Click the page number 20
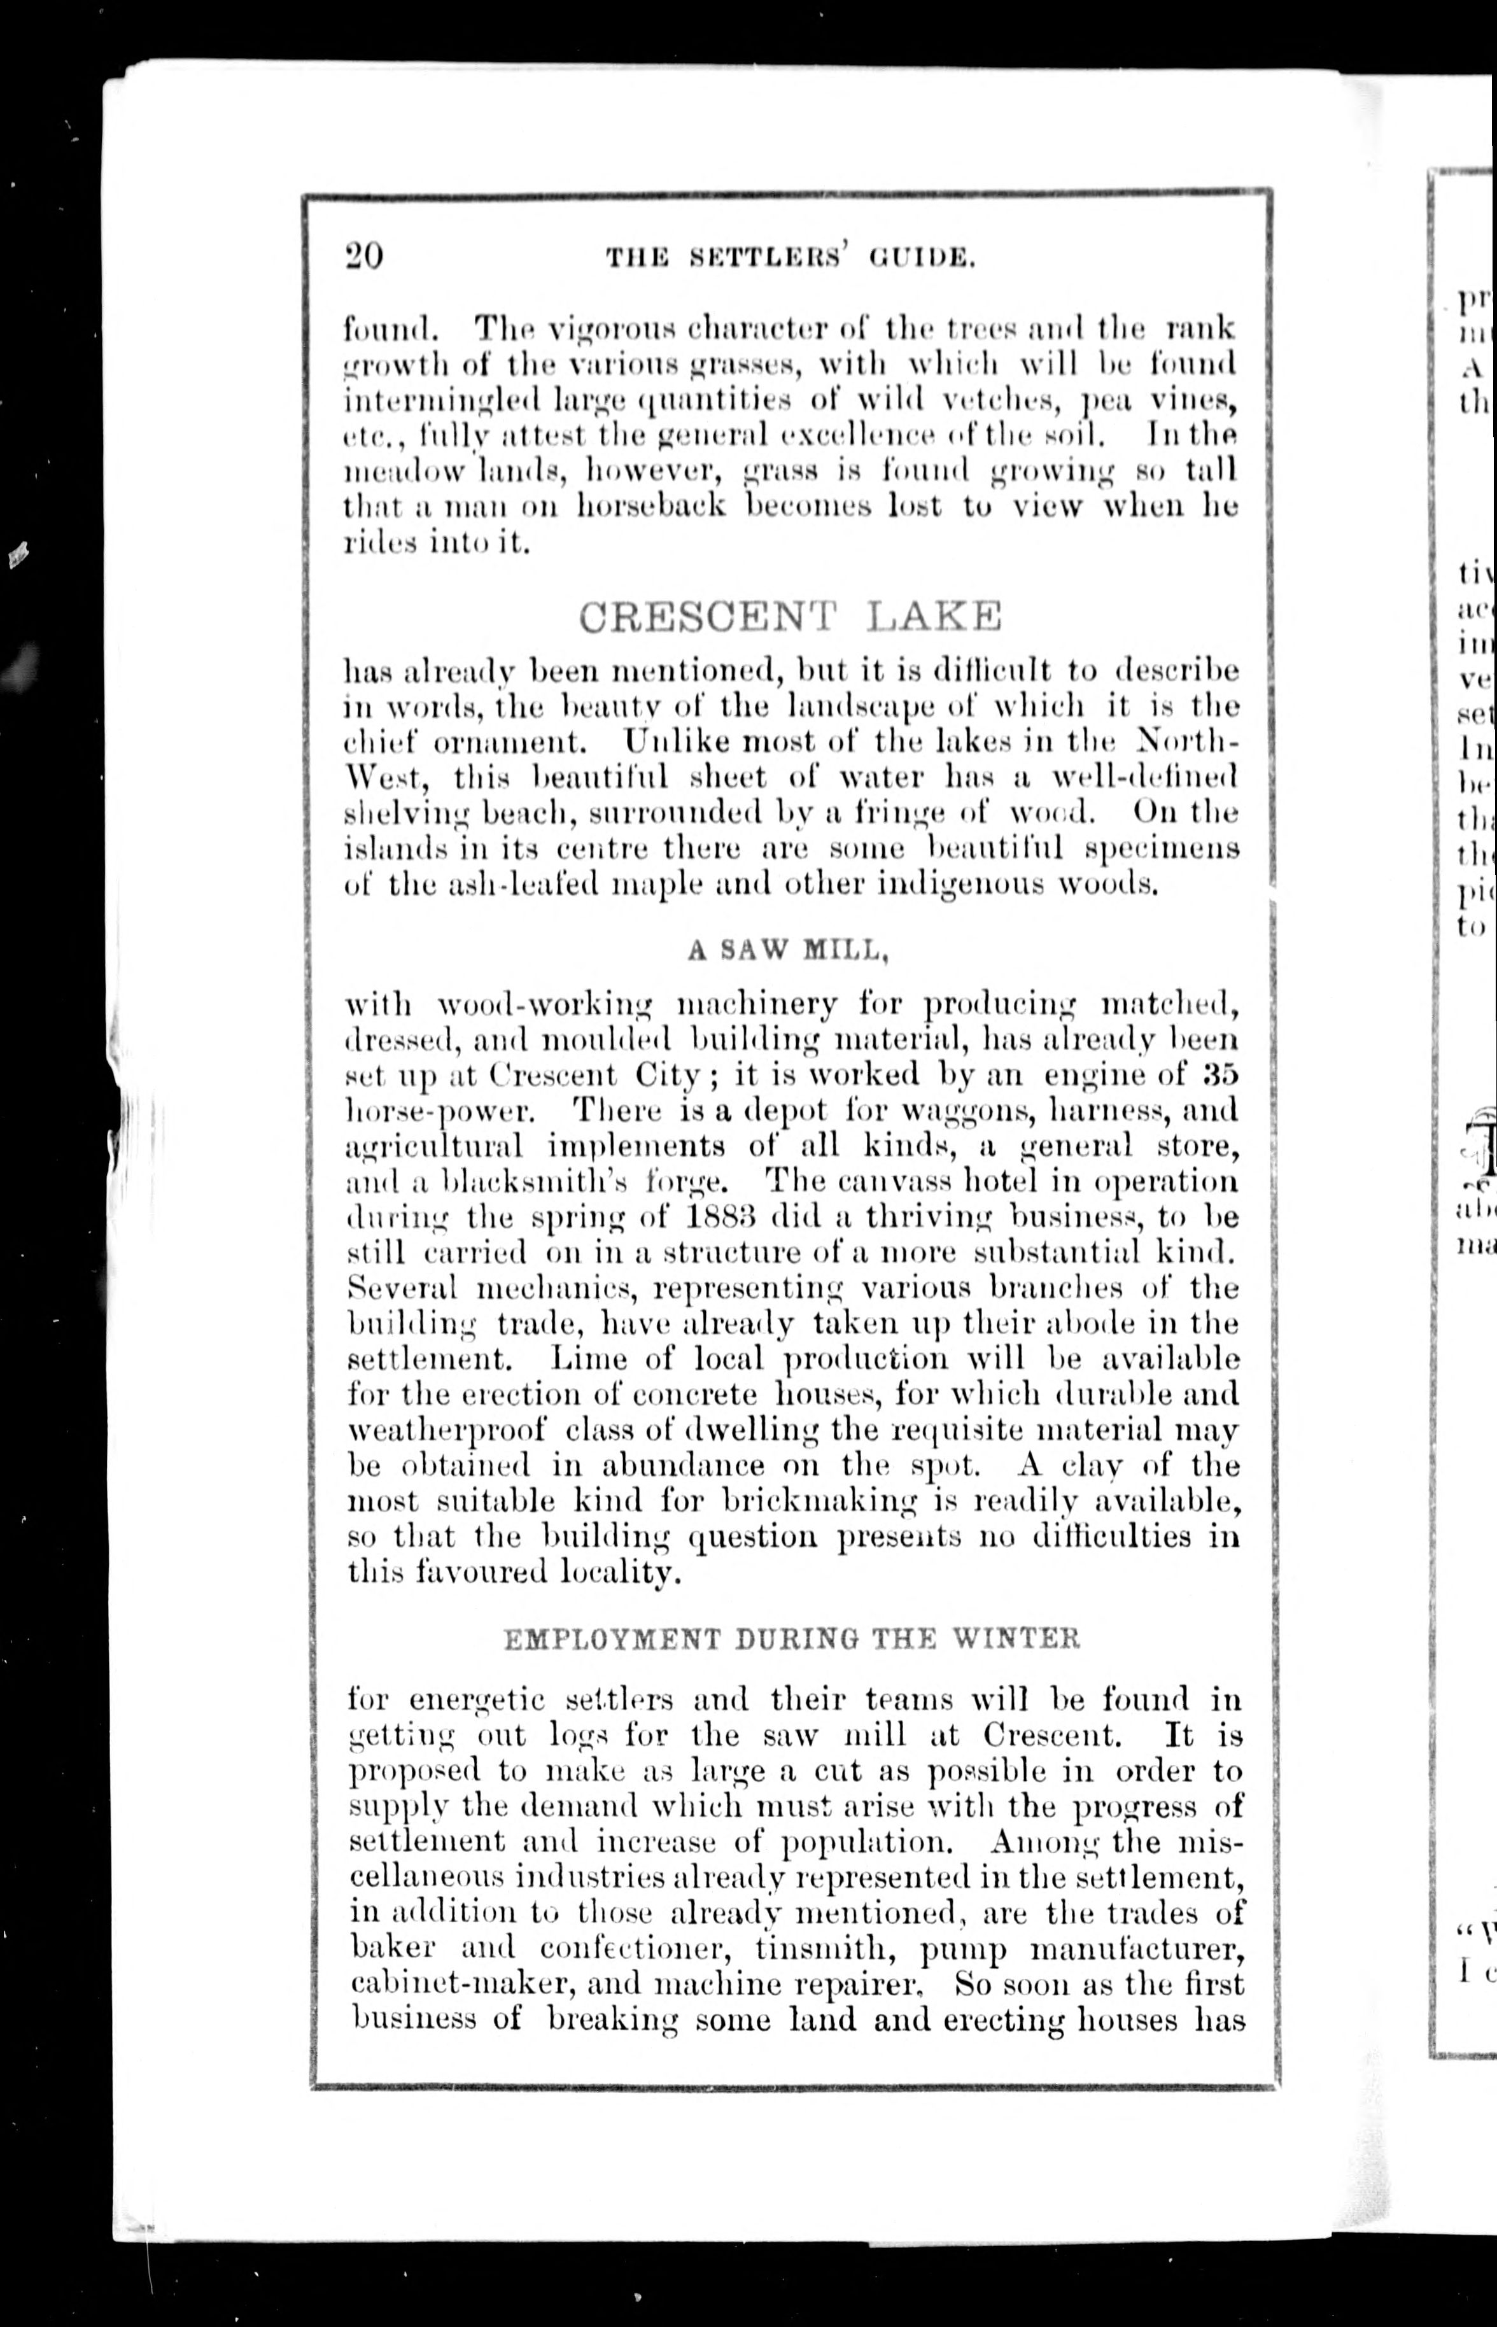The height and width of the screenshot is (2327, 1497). (365, 256)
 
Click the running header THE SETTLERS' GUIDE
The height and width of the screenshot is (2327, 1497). (791, 258)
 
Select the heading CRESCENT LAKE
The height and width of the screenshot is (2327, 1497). (789, 615)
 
